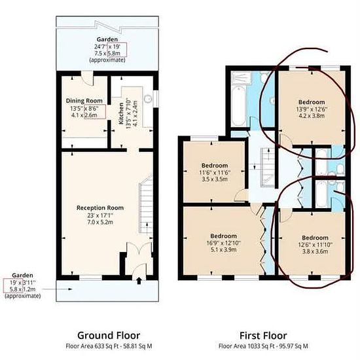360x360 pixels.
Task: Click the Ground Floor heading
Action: click(x=109, y=335)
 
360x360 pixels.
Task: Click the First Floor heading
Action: click(x=263, y=336)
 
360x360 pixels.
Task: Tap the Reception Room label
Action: click(x=100, y=207)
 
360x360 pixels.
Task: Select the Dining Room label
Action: click(x=84, y=101)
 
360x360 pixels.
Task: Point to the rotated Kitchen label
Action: click(x=121, y=113)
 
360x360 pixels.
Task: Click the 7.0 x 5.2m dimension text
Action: click(x=100, y=223)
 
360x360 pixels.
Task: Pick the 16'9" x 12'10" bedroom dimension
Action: click(x=224, y=243)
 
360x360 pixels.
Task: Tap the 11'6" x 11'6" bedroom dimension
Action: click(x=215, y=172)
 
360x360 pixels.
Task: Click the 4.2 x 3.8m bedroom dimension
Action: click(x=312, y=116)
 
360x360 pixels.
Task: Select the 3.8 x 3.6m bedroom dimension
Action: click(x=315, y=251)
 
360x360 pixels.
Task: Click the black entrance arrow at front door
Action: click(x=139, y=281)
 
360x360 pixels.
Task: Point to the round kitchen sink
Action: click(x=148, y=99)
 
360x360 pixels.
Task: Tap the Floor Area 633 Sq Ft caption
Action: click(x=109, y=346)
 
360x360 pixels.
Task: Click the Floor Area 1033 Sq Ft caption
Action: click(x=263, y=346)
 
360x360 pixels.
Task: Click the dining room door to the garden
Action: click(x=88, y=79)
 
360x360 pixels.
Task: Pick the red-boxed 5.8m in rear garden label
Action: click(x=114, y=53)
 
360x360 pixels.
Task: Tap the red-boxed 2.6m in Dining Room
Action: click(x=91, y=115)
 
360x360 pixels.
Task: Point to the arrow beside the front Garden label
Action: click(x=58, y=289)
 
